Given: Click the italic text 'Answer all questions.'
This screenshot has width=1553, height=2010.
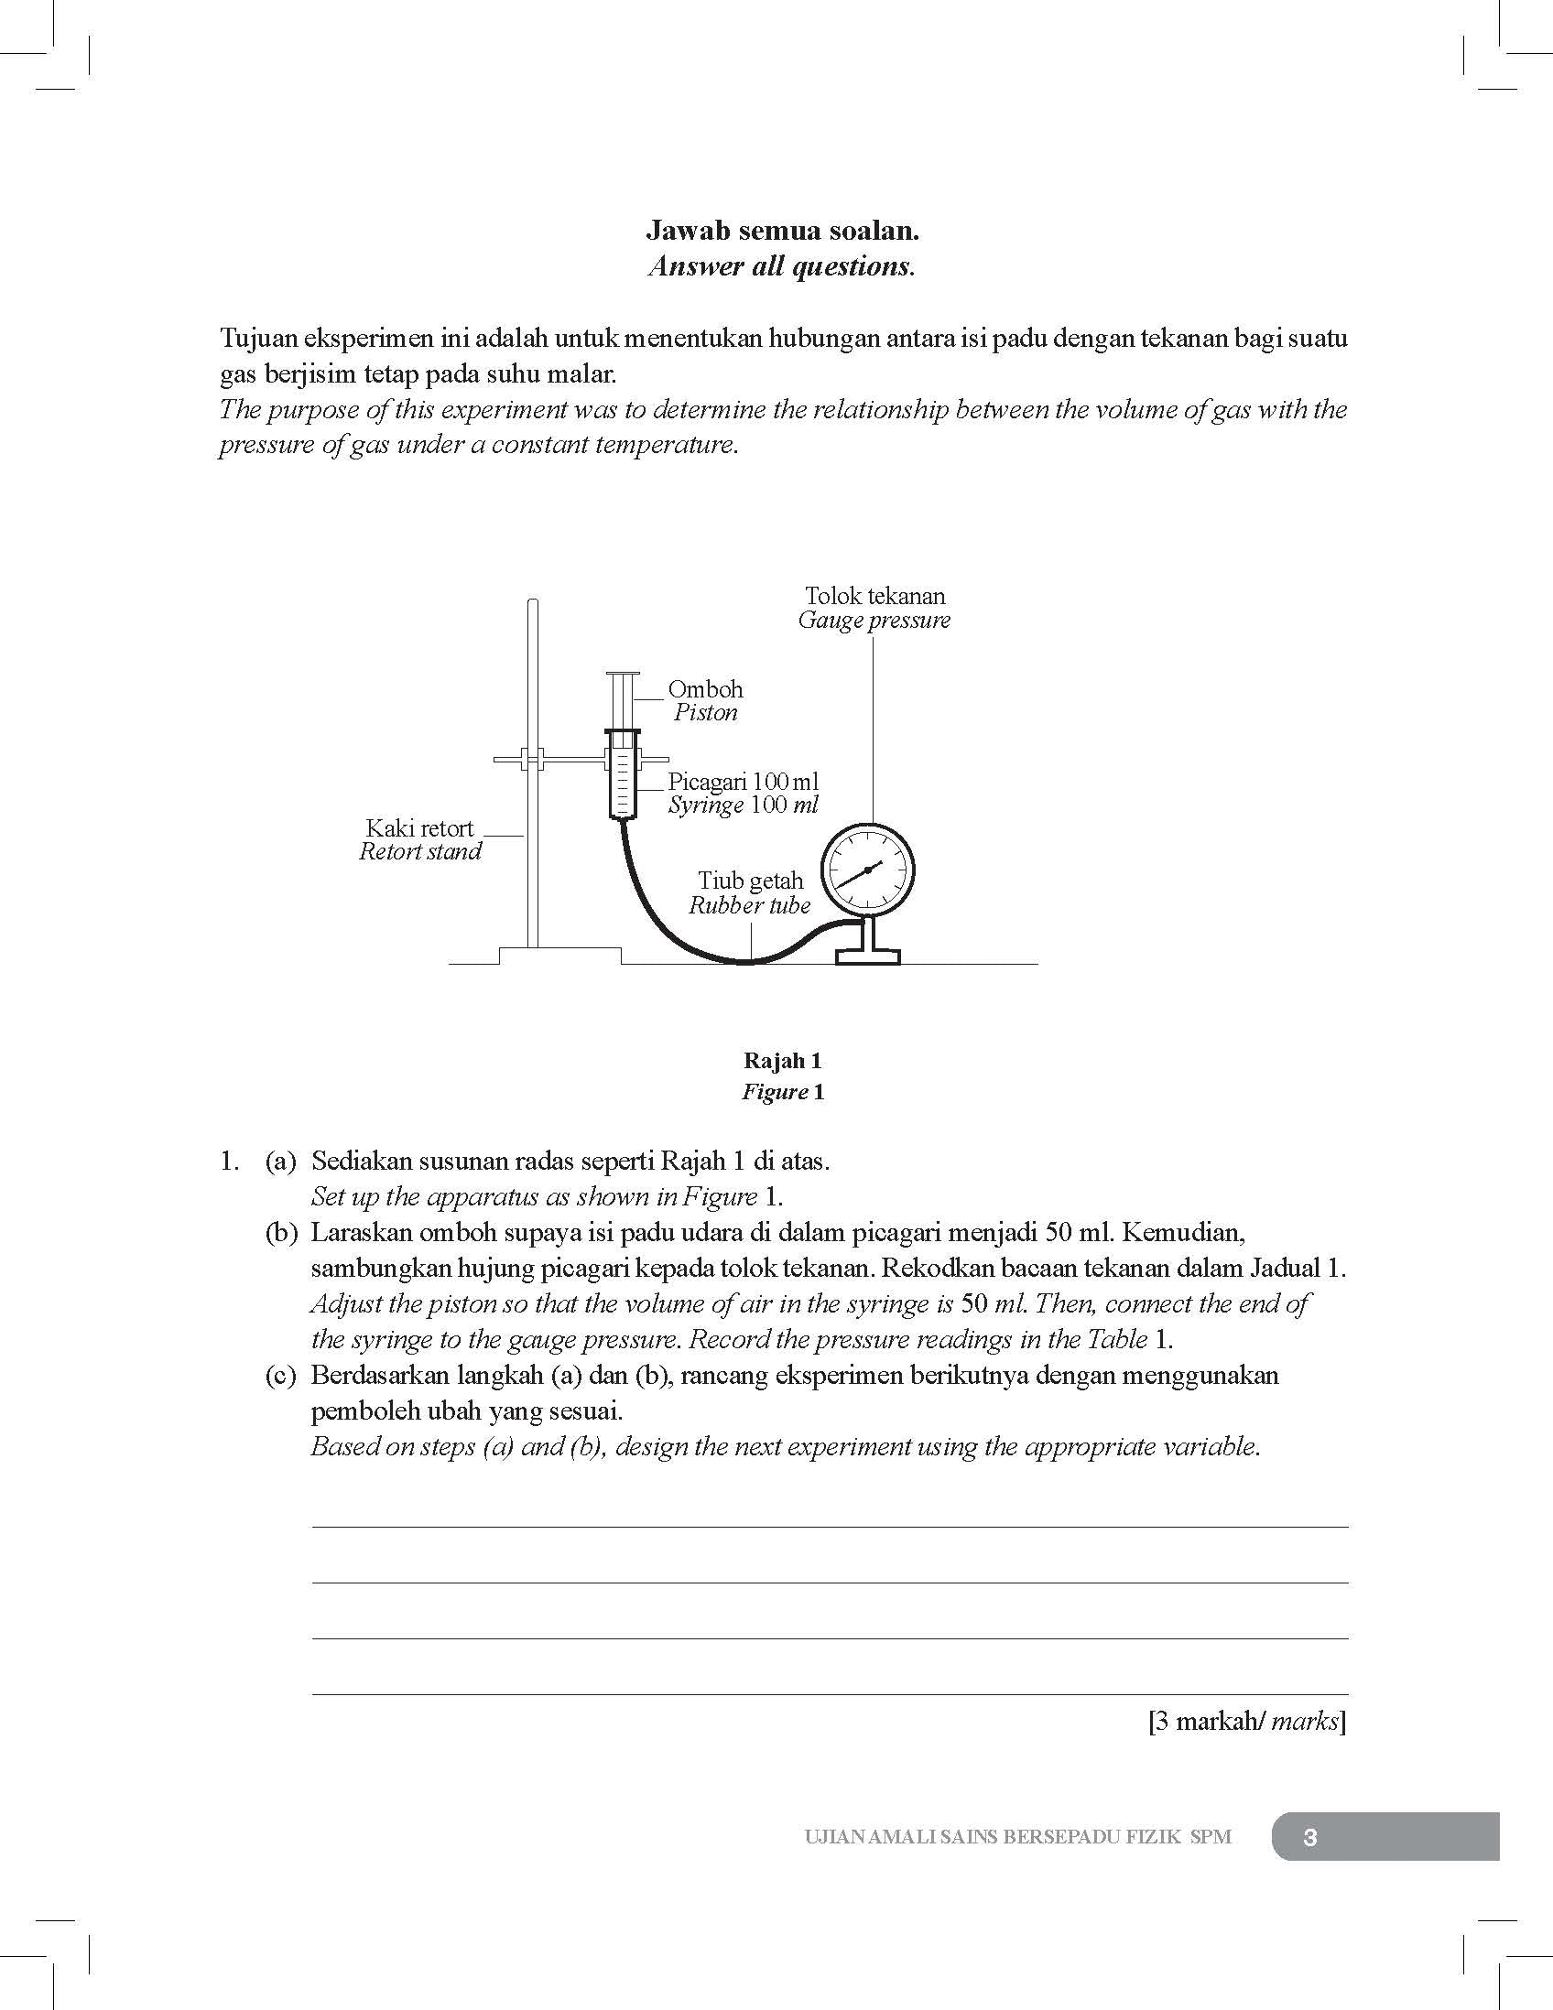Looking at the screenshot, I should coord(782,267).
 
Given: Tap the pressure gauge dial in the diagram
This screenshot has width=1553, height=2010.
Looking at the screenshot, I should coord(867,870).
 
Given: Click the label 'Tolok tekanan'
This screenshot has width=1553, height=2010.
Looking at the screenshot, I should coord(874,596).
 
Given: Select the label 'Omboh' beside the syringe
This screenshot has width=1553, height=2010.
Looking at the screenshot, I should coord(705,689).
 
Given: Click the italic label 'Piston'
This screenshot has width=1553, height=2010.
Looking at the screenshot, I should coord(705,712).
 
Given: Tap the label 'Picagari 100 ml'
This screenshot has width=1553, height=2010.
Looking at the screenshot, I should coord(743,782).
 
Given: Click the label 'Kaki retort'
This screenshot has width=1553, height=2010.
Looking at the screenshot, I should coord(419,827).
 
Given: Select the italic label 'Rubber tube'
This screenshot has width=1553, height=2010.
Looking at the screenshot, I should coord(749,904).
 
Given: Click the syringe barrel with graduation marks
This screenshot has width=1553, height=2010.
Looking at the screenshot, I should coord(624,775).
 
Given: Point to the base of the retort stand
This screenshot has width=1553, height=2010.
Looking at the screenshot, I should coord(559,956).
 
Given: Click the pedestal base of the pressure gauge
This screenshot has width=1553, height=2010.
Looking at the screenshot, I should coord(867,948).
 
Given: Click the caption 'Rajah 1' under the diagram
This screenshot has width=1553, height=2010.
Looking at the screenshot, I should coord(783,1060).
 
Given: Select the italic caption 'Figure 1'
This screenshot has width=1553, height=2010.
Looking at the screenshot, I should coord(783,1092).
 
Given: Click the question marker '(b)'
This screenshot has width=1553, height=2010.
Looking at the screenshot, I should coord(281,1232).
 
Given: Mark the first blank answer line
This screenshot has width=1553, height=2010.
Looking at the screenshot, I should coord(829,1526).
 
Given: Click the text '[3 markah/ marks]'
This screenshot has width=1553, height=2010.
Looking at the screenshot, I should coord(1246,1721).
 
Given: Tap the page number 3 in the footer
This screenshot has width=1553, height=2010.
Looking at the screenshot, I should coord(1311,1837).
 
